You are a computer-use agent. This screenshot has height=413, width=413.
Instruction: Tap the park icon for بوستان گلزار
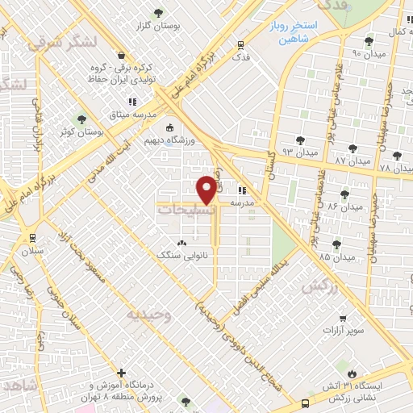coord(158,12)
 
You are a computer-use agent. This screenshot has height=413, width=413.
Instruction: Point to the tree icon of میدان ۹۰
coord(369,40)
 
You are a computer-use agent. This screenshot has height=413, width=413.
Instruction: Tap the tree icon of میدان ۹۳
coord(300,140)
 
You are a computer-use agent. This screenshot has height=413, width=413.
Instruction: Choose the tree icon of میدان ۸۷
coord(352,148)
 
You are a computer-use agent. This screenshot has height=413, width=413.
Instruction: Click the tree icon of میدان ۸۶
coord(345,194)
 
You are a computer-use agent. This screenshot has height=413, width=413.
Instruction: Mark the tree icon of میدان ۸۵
coord(336,244)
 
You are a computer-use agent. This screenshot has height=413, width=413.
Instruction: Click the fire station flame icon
coord(353,373)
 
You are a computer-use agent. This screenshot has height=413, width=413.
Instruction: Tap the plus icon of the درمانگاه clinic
coord(121,373)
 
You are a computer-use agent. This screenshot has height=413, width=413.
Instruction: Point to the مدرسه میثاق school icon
coord(133,102)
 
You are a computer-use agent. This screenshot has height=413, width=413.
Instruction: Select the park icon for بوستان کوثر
coord(81,119)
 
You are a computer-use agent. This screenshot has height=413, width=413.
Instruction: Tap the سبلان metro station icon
coord(33,238)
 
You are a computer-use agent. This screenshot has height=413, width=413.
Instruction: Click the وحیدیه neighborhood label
coord(146,314)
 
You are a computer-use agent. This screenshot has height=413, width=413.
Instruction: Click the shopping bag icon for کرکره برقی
coord(121,56)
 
